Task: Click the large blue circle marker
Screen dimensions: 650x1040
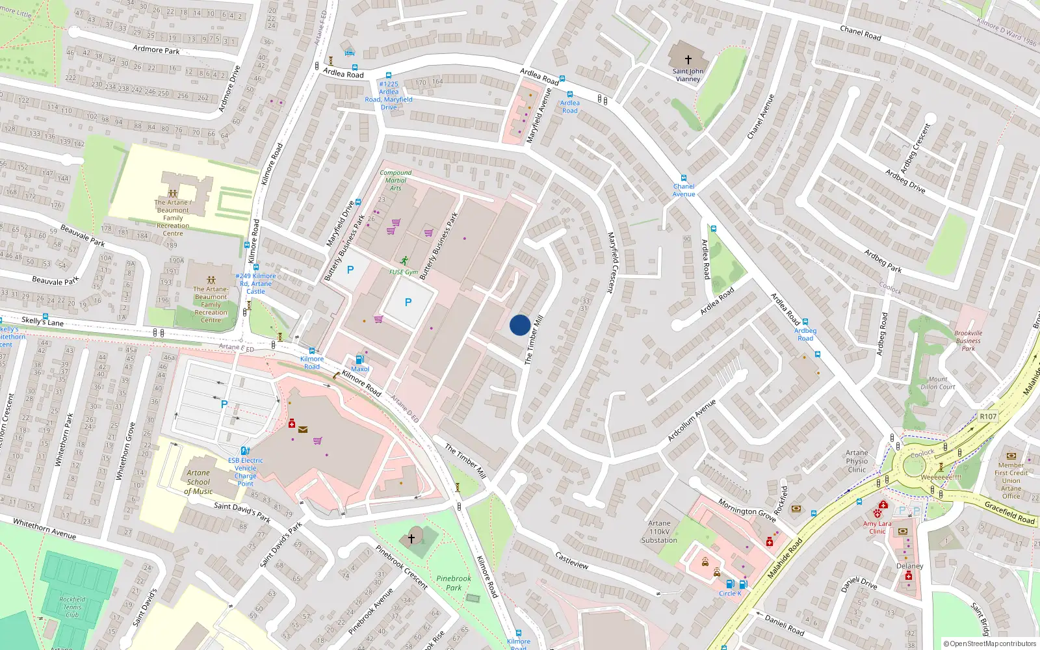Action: coord(519,325)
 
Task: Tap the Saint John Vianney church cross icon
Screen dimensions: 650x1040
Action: coord(688,59)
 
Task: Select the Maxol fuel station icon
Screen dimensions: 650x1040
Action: coord(359,359)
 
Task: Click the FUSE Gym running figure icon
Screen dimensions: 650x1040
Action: coord(405,261)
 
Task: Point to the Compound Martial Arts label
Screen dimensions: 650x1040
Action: coord(395,181)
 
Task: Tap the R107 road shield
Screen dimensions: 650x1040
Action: coord(987,416)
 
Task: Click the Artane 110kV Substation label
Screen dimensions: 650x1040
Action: coord(659,532)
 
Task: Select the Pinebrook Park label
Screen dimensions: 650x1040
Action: coord(454,583)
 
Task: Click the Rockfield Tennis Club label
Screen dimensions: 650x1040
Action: coord(72,607)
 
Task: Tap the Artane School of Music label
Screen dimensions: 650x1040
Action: coord(198,482)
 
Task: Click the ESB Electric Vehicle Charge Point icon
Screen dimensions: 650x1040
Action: coord(245,450)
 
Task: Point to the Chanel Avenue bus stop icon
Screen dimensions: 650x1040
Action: coord(683,178)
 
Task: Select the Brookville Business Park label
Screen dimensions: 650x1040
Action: coord(968,341)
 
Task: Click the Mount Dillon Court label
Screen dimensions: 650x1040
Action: coord(937,383)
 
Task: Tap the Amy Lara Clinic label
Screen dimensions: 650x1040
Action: coord(877,527)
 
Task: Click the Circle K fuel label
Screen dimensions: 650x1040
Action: coord(730,593)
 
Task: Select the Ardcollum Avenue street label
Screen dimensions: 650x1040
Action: coord(692,420)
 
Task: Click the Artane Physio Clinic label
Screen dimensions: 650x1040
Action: coord(857,461)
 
